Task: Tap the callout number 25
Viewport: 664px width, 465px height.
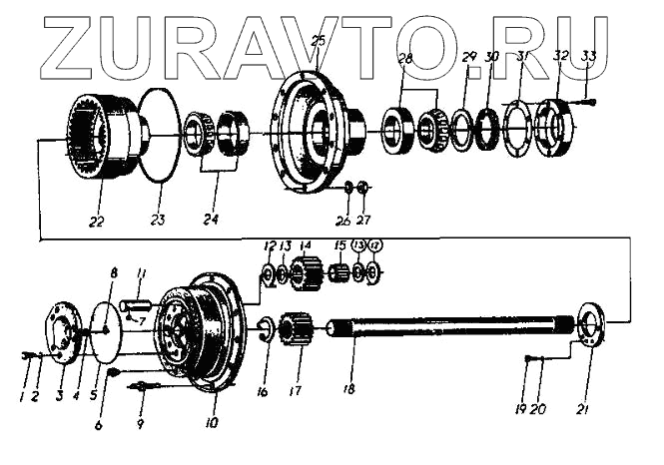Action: pyautogui.click(x=317, y=41)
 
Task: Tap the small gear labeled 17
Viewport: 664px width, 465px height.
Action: pyautogui.click(x=294, y=329)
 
